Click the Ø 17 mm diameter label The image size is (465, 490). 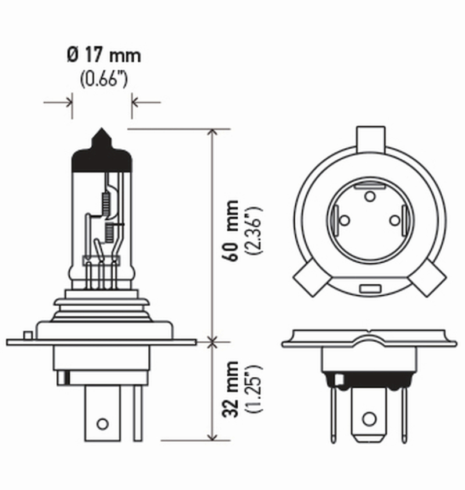pyautogui.click(x=103, y=56)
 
